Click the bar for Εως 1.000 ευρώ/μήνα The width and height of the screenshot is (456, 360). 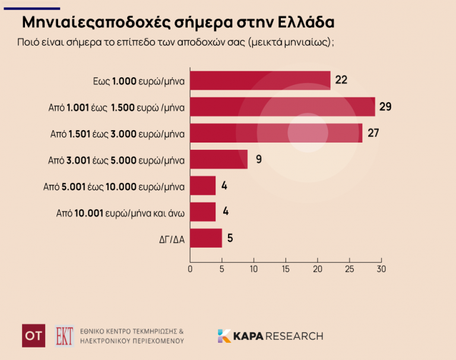(260, 80)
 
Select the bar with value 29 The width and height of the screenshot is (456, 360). (282, 107)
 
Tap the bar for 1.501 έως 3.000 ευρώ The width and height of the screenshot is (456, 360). (275, 133)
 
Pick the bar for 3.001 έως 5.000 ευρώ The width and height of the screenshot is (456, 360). (218, 159)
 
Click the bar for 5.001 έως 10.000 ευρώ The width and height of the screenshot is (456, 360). (202, 186)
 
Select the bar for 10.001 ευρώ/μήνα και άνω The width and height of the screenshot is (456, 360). (202, 212)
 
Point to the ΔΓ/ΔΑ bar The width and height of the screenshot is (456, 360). (205, 238)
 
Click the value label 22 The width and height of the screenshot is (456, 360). (341, 80)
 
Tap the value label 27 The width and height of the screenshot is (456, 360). (373, 133)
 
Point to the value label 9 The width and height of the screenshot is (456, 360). (258, 159)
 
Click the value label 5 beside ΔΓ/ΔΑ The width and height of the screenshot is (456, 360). (230, 238)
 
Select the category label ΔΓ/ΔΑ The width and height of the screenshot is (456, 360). (171, 239)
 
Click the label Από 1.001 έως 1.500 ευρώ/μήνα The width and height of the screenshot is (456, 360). (116, 108)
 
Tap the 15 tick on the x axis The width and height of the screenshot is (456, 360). (286, 269)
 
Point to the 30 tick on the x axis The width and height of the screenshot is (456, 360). (381, 269)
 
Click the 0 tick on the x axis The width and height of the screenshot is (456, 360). (190, 269)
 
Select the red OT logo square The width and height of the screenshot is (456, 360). (33, 336)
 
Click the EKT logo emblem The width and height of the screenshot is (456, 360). (64, 336)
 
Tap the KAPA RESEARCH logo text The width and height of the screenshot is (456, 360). (270, 336)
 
